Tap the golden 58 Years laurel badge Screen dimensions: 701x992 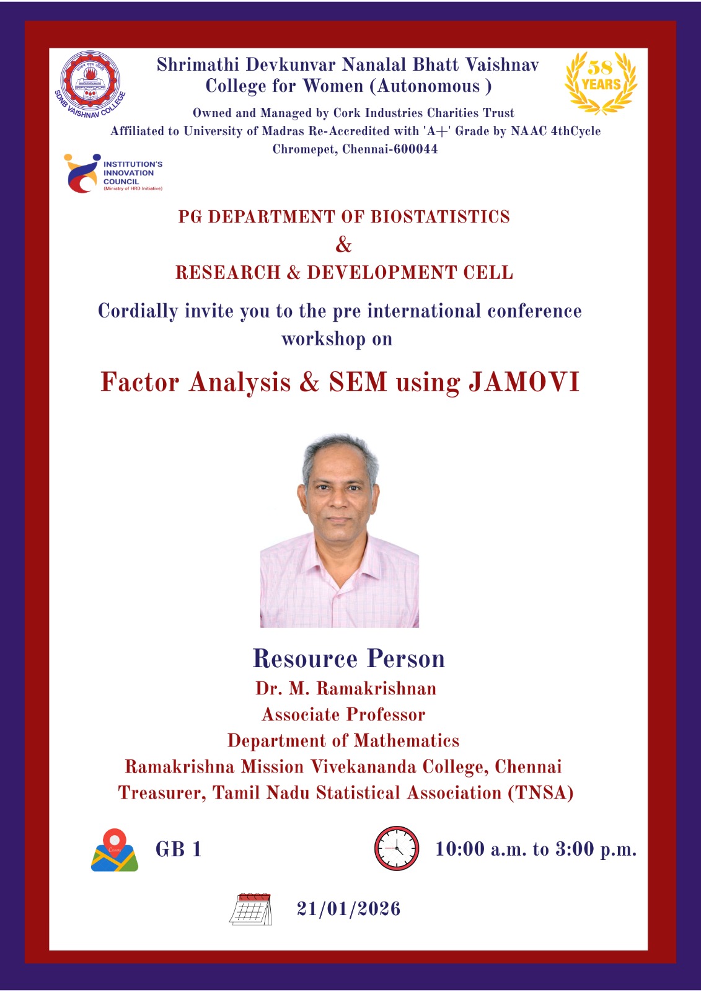tap(601, 83)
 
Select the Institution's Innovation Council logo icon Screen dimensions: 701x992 tap(82, 173)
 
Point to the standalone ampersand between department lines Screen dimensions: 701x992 tap(343, 244)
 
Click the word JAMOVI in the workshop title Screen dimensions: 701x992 tap(524, 381)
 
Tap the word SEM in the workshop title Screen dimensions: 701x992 tap(358, 381)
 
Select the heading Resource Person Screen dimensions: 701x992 tap(348, 658)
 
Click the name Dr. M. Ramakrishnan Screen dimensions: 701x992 tap(346, 689)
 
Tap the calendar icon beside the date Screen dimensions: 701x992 tap(250, 909)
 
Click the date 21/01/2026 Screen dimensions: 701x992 tap(349, 909)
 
